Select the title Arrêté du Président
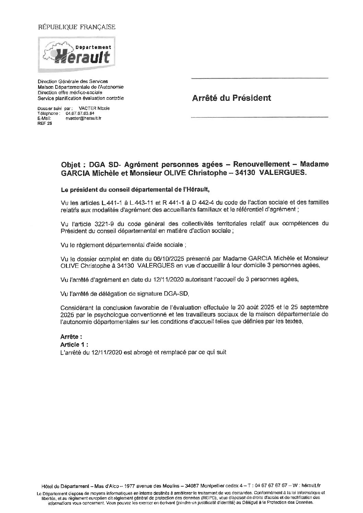pos(232,98)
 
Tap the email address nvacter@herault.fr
pos(83,118)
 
